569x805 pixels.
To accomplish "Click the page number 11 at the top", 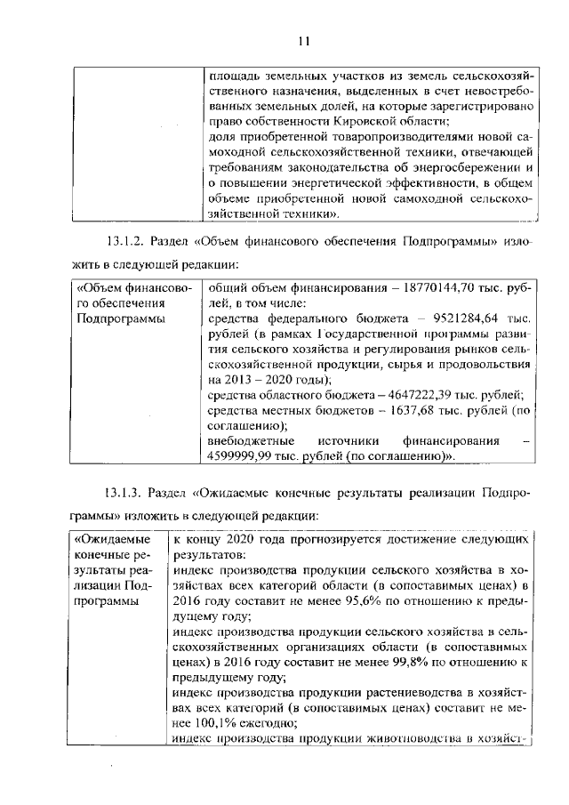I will tap(303, 41).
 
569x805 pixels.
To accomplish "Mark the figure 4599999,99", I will tap(241, 456).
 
